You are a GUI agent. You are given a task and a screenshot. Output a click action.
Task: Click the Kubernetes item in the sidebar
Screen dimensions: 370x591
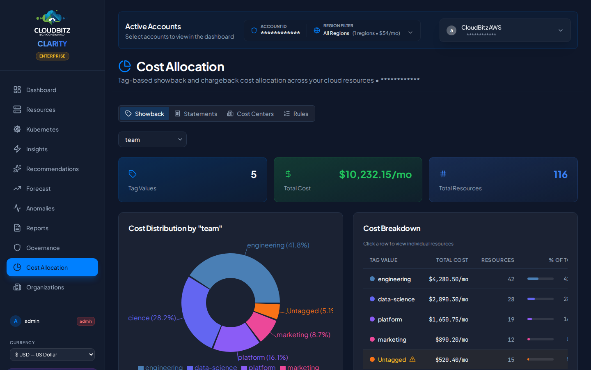click(42, 129)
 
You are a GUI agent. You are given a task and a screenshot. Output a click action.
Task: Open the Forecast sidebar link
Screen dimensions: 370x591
click(38, 189)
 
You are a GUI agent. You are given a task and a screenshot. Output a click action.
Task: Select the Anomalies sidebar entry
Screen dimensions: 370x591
click(40, 208)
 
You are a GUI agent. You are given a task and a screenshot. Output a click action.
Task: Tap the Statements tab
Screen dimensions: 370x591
click(196, 114)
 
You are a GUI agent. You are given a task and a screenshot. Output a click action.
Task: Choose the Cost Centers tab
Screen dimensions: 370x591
click(250, 114)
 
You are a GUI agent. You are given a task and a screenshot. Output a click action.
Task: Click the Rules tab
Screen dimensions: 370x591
click(296, 114)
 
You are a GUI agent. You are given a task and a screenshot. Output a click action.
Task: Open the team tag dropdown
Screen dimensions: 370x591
click(152, 140)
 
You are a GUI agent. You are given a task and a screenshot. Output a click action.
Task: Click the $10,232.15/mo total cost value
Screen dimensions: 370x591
click(375, 174)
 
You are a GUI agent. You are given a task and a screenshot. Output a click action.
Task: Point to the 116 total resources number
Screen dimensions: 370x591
click(560, 174)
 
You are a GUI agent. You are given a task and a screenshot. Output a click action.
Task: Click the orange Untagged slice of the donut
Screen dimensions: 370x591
click(267, 310)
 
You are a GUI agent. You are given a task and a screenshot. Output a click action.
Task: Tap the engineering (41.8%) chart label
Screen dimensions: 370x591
click(278, 245)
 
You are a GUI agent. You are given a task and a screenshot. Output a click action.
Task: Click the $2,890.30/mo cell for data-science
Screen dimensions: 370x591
click(448, 299)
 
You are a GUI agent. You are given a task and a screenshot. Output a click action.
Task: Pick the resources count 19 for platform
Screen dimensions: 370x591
click(511, 319)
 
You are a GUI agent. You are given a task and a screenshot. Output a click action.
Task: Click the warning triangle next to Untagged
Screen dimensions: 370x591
click(412, 359)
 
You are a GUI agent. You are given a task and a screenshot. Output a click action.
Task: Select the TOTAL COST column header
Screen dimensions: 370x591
click(452, 260)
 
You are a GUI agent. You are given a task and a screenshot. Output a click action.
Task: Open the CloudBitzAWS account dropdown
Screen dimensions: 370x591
click(505, 30)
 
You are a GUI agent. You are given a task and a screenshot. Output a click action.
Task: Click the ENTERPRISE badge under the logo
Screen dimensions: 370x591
click(52, 56)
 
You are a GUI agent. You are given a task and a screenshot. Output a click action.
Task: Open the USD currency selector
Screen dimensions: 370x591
click(52, 354)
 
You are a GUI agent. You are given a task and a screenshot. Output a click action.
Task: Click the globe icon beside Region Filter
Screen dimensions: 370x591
click(317, 30)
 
